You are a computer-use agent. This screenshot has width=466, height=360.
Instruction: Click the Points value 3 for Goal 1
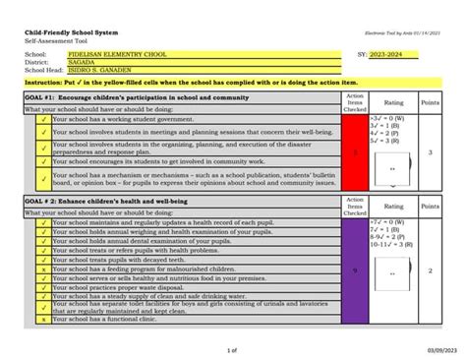coord(430,152)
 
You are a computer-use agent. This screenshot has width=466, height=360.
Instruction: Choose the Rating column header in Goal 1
coord(393,102)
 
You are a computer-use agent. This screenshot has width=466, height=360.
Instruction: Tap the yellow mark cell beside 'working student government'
coord(44,119)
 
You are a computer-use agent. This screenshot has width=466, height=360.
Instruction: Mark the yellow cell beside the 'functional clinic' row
coord(44,320)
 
